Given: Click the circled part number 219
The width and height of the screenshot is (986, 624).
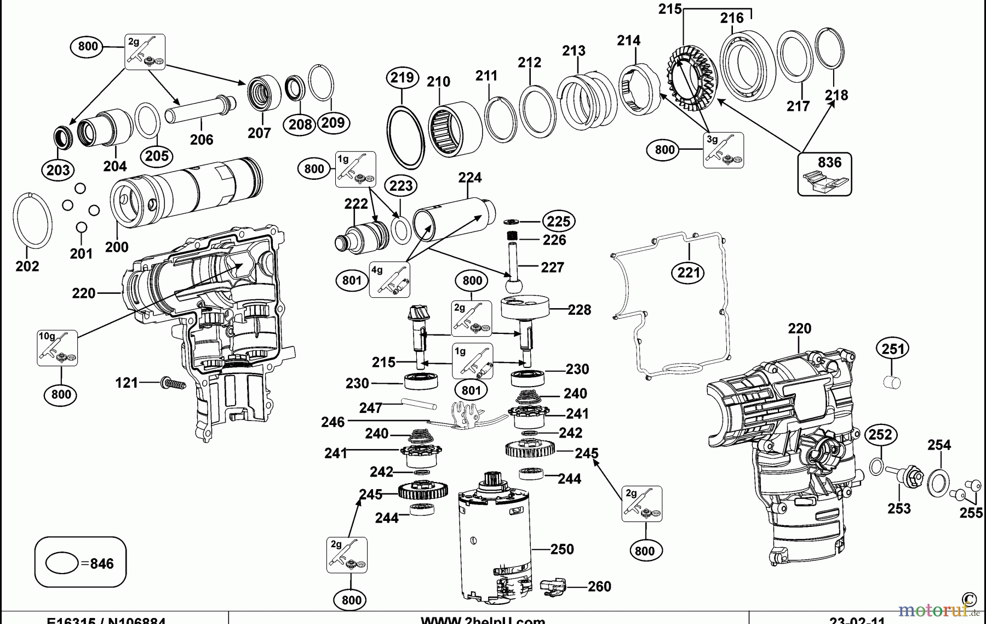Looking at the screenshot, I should (x=402, y=77).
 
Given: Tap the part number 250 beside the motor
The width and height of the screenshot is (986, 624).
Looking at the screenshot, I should (x=562, y=549).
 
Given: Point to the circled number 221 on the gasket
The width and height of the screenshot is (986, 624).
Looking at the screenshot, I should (x=689, y=273).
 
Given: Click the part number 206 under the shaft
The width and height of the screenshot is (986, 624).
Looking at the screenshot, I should (x=202, y=139).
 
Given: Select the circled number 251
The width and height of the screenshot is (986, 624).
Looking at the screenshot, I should (x=893, y=349).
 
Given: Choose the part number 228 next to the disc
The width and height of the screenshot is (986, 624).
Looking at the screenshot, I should (x=580, y=310).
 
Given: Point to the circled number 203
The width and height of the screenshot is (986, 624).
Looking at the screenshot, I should (x=58, y=169).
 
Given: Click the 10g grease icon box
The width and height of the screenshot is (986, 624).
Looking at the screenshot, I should (x=57, y=348).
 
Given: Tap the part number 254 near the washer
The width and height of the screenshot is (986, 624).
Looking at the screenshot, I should (x=939, y=445).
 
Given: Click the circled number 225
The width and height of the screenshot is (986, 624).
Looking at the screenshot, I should (x=558, y=221).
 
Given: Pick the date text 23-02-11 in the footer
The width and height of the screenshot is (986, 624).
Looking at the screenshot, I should (x=857, y=620).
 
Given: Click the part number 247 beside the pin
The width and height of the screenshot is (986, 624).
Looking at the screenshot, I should (x=371, y=408).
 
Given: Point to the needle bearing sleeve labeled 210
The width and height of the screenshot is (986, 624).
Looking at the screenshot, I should (x=454, y=129).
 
